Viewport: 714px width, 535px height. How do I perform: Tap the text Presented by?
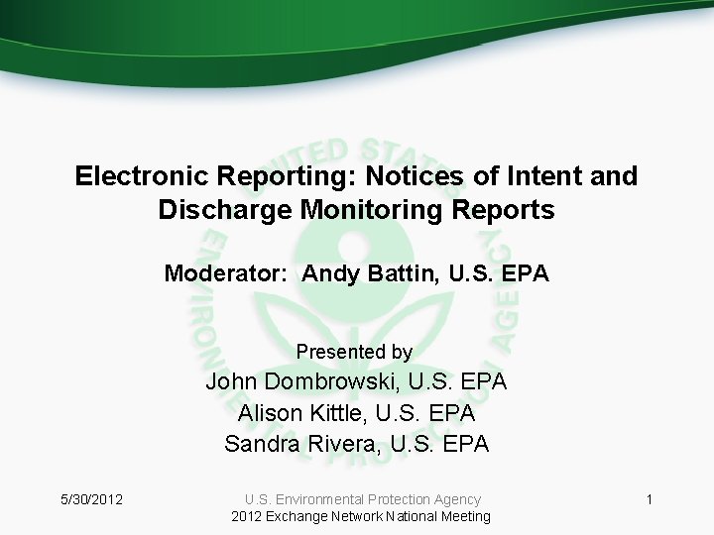coord(354,352)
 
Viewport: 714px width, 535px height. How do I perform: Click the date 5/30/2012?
coord(90,499)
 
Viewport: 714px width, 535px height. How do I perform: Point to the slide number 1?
coord(649,499)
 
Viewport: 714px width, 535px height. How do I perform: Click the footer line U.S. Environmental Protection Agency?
coord(362,499)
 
